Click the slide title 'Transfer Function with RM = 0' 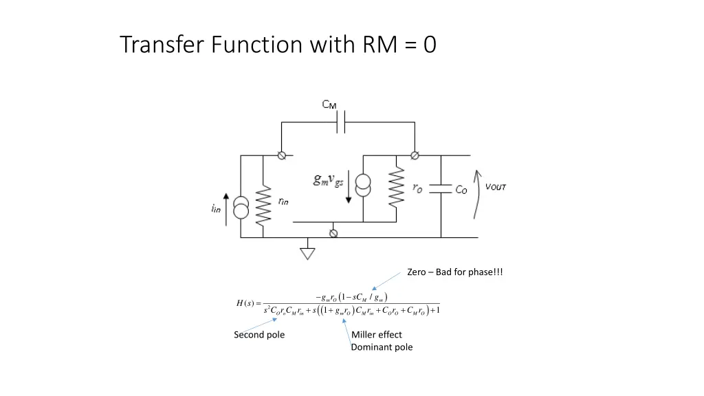278,45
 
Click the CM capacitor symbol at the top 341,123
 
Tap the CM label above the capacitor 329,104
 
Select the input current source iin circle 241,208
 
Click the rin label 283,201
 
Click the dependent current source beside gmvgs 362,186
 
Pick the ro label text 417,188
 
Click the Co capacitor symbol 440,189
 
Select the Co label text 461,190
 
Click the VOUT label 496,187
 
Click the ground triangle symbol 308,253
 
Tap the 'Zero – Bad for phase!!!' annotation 454,272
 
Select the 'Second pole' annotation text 259,335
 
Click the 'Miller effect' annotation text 377,335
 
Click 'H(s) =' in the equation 247,303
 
